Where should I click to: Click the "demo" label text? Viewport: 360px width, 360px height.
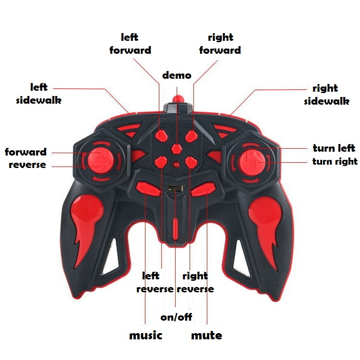click(177, 75)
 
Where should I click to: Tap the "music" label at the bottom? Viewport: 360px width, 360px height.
click(146, 336)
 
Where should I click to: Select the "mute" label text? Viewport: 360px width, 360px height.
click(206, 336)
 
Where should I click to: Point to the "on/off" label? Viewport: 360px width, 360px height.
click(176, 317)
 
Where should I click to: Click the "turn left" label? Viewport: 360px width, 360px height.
click(334, 148)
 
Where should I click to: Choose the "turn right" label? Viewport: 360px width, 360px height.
click(335, 161)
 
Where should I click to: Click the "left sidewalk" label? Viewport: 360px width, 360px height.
click(39, 94)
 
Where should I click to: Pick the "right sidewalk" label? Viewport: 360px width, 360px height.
click(327, 95)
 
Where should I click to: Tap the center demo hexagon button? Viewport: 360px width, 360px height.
click(177, 149)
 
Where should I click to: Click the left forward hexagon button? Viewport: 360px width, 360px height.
click(161, 135)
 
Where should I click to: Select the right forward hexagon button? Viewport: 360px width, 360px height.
click(192, 136)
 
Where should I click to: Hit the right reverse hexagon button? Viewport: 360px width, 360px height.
click(191, 163)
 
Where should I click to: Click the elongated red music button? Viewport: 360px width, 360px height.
click(148, 189)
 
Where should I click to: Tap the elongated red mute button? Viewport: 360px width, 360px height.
click(204, 190)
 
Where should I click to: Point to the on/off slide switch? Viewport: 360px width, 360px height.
click(176, 188)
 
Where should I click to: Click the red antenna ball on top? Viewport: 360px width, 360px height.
click(178, 99)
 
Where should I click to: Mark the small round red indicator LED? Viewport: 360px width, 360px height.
click(176, 164)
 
